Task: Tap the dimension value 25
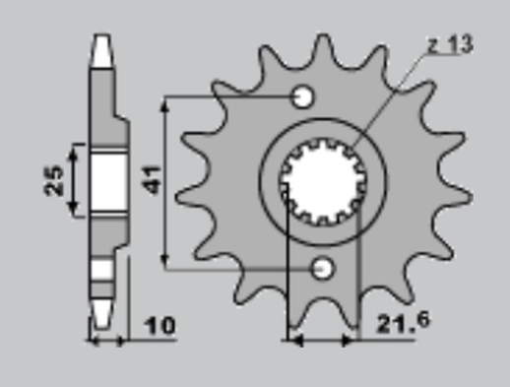55,180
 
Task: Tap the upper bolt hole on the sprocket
303,97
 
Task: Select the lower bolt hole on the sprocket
320,267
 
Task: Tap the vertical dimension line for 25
72,180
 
